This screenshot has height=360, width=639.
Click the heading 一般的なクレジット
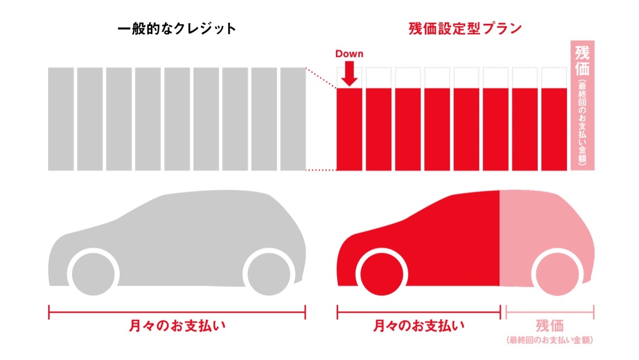click(x=177, y=29)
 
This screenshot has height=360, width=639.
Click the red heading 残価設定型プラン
click(x=465, y=29)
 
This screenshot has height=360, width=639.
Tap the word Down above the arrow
click(x=349, y=54)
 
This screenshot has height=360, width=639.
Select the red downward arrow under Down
click(x=350, y=74)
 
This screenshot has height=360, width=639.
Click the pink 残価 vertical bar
click(x=583, y=105)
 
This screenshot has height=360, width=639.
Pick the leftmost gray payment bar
click(x=61, y=119)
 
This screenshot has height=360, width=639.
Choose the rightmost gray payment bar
click(x=293, y=119)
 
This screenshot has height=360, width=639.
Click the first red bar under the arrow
click(x=350, y=129)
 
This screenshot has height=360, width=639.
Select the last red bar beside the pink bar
click(x=554, y=129)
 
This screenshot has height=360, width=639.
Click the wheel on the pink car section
click(x=557, y=272)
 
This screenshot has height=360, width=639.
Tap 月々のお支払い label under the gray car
click(x=177, y=326)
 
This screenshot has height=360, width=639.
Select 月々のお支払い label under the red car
click(x=419, y=326)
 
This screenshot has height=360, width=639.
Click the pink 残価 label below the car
click(x=550, y=326)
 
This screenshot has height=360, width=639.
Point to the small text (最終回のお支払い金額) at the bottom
click(x=550, y=340)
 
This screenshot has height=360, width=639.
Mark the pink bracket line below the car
click(x=550, y=312)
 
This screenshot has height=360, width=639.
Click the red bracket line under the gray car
click(x=177, y=312)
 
